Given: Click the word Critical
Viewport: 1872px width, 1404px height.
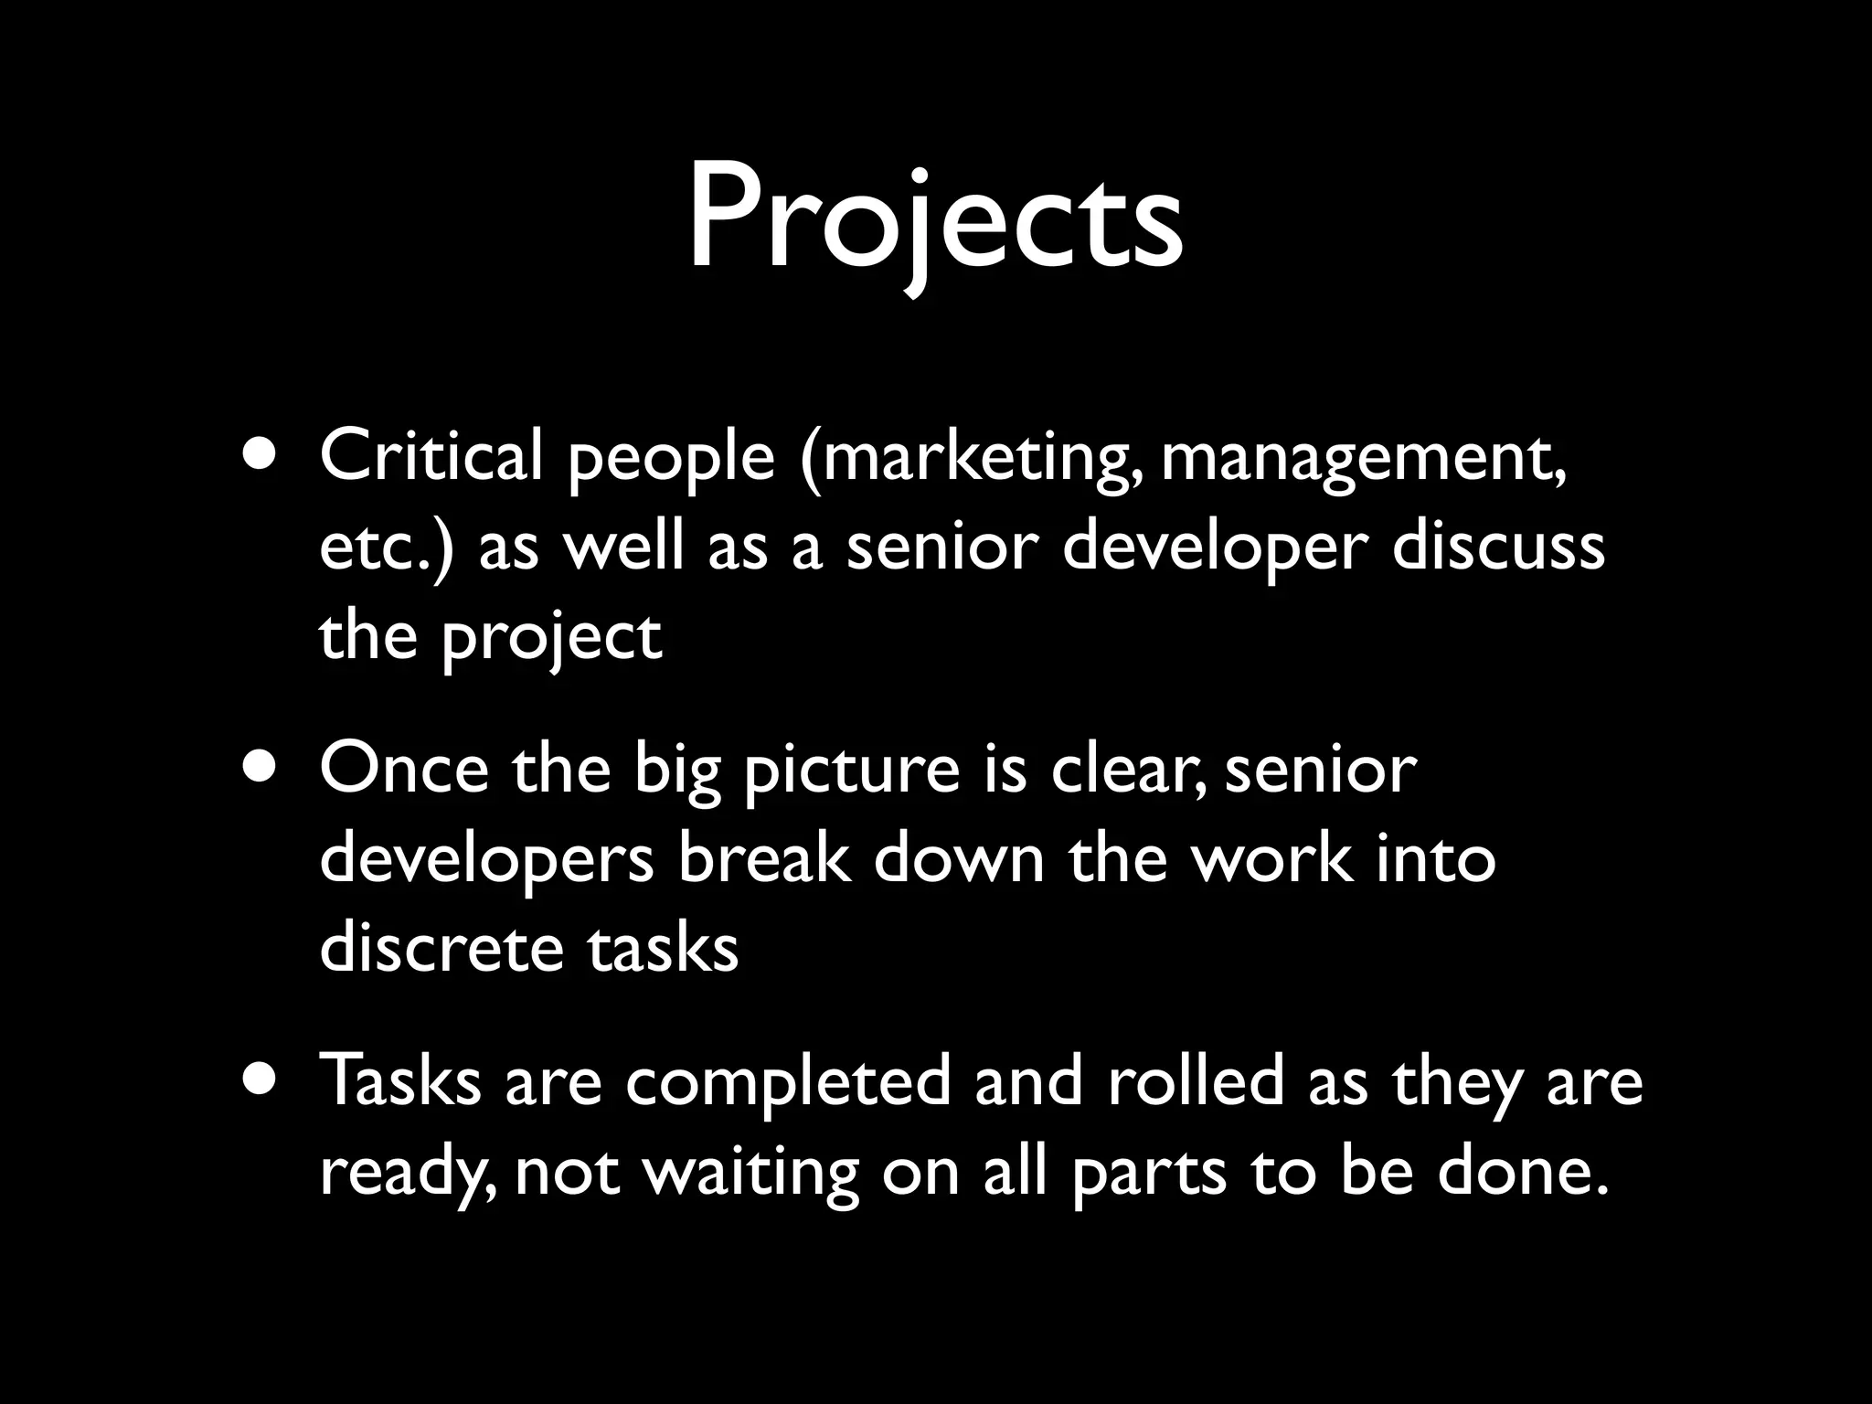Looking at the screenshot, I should point(431,456).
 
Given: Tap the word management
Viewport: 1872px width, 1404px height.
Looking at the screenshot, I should point(1363,458).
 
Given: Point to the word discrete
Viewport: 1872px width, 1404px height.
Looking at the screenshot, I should point(441,948).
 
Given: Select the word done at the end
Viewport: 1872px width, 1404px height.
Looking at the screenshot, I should point(1522,1171).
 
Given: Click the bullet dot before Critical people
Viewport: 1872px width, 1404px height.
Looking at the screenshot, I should point(263,458).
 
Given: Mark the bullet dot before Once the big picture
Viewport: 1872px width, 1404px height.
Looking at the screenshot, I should point(263,771).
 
